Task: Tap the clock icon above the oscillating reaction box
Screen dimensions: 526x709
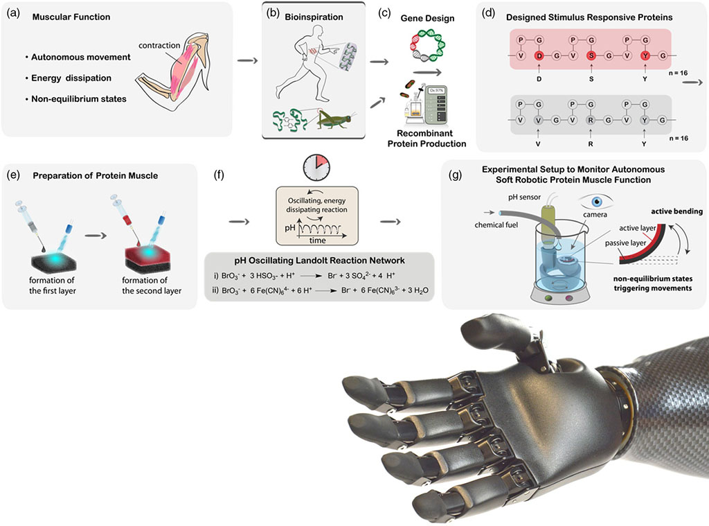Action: tap(316, 167)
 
